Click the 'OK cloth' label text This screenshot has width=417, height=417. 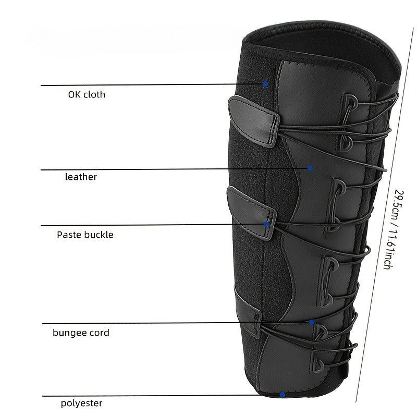tap(87, 95)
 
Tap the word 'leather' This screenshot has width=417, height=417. tap(81, 177)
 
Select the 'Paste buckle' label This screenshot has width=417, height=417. tap(85, 235)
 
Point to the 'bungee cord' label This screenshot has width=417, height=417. tap(81, 333)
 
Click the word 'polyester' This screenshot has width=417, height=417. tap(81, 403)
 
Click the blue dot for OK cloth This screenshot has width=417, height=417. tap(265, 84)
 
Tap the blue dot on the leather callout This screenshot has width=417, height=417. tap(310, 168)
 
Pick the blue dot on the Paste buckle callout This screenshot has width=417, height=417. tap(266, 225)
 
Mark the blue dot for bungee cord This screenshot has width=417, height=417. tap(312, 322)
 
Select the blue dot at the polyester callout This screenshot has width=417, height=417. tap(283, 395)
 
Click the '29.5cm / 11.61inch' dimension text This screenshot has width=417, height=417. tap(393, 230)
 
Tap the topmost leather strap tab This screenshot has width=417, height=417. tap(253, 121)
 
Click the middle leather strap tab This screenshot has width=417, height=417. tap(251, 213)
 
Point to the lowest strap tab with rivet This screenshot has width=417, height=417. tap(247, 312)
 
